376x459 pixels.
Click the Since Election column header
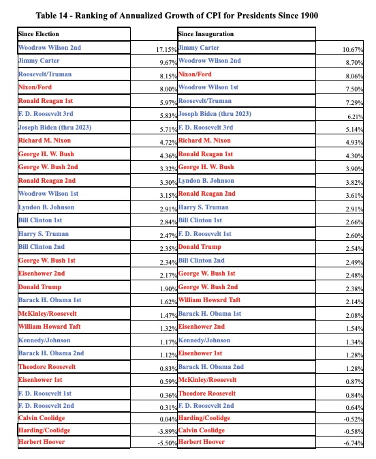tap(39, 33)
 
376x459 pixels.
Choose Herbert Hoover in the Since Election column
tap(42, 442)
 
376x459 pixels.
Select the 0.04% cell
tap(166, 417)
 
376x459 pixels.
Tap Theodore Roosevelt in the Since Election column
tap(47, 367)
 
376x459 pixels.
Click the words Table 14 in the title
tap(72, 15)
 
